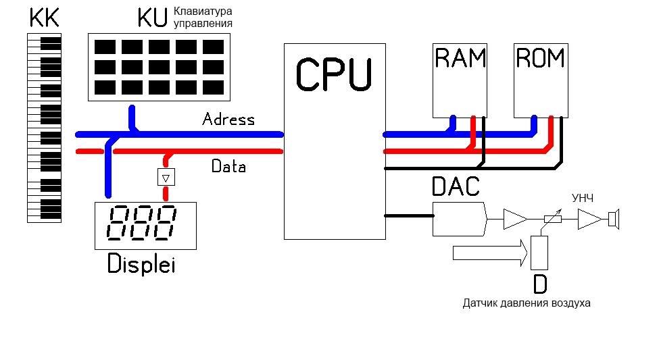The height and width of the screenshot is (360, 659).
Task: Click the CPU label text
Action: (334, 74)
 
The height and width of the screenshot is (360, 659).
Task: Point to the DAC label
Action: (456, 186)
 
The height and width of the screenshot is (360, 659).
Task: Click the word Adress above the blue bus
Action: (228, 120)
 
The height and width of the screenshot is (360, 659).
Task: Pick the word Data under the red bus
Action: (228, 166)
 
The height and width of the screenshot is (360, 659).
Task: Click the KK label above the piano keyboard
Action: (44, 18)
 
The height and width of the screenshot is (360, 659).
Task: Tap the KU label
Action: (152, 18)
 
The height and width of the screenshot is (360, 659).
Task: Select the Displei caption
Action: (141, 265)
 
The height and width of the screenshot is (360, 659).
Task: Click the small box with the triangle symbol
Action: (166, 177)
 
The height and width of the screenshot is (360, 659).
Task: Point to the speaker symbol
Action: (614, 219)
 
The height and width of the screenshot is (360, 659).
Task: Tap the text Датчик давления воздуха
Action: (526, 303)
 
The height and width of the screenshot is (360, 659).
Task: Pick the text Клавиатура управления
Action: (203, 17)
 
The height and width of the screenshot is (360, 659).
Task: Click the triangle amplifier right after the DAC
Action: (515, 219)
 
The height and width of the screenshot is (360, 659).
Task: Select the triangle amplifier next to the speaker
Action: (589, 219)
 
